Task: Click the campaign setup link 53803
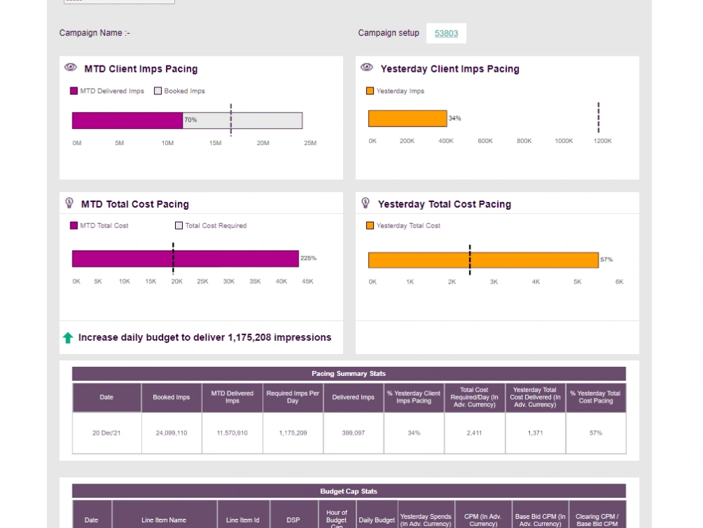tap(446, 33)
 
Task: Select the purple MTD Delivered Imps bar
tap(127, 120)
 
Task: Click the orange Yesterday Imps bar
tap(407, 118)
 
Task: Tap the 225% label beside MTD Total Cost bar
tap(309, 258)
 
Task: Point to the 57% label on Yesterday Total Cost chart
tap(606, 260)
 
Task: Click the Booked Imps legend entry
tap(180, 91)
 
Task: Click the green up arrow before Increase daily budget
tap(67, 338)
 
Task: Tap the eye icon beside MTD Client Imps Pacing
tap(70, 68)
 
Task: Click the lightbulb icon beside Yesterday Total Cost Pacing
tap(366, 203)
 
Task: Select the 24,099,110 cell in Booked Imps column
tap(172, 433)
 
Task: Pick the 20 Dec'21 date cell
tap(106, 433)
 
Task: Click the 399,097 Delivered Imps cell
tap(353, 433)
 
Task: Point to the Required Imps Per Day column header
tap(292, 398)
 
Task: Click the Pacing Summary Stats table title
tap(349, 374)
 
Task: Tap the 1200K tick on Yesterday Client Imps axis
tap(602, 141)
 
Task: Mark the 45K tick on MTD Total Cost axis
tap(308, 282)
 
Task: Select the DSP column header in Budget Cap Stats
tap(293, 520)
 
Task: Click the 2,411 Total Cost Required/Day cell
tap(474, 433)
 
